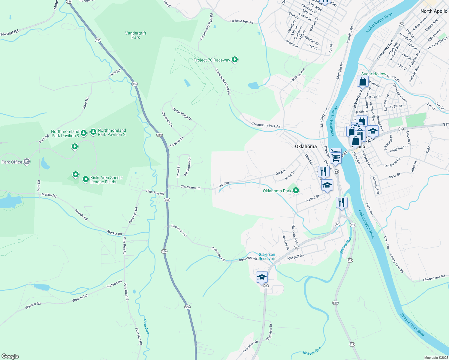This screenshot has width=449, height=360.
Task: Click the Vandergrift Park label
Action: (136, 35)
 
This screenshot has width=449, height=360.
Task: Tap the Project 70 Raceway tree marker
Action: (235, 60)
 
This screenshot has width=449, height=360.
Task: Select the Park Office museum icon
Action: (27, 162)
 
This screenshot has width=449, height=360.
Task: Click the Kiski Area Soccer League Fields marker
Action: (86, 179)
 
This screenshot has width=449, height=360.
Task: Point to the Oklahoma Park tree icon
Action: (296, 190)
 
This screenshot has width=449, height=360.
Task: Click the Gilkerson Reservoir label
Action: (267, 256)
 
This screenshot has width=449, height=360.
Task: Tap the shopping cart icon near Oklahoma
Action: (336, 155)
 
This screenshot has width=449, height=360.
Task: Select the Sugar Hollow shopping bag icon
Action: (363, 81)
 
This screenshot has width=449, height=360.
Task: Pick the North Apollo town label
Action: (434, 11)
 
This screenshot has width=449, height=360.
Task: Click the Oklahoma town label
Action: (306, 146)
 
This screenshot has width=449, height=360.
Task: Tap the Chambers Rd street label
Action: (190, 187)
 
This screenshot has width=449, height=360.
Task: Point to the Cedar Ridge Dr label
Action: (182, 114)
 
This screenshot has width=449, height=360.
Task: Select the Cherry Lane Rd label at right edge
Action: (434, 278)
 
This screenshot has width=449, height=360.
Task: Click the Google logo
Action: (10, 356)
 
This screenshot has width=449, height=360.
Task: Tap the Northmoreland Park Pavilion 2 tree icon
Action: (93, 131)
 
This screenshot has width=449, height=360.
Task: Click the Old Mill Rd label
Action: (296, 257)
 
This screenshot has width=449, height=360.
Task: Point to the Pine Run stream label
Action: (146, 326)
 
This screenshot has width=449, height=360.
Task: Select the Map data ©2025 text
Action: (435, 358)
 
